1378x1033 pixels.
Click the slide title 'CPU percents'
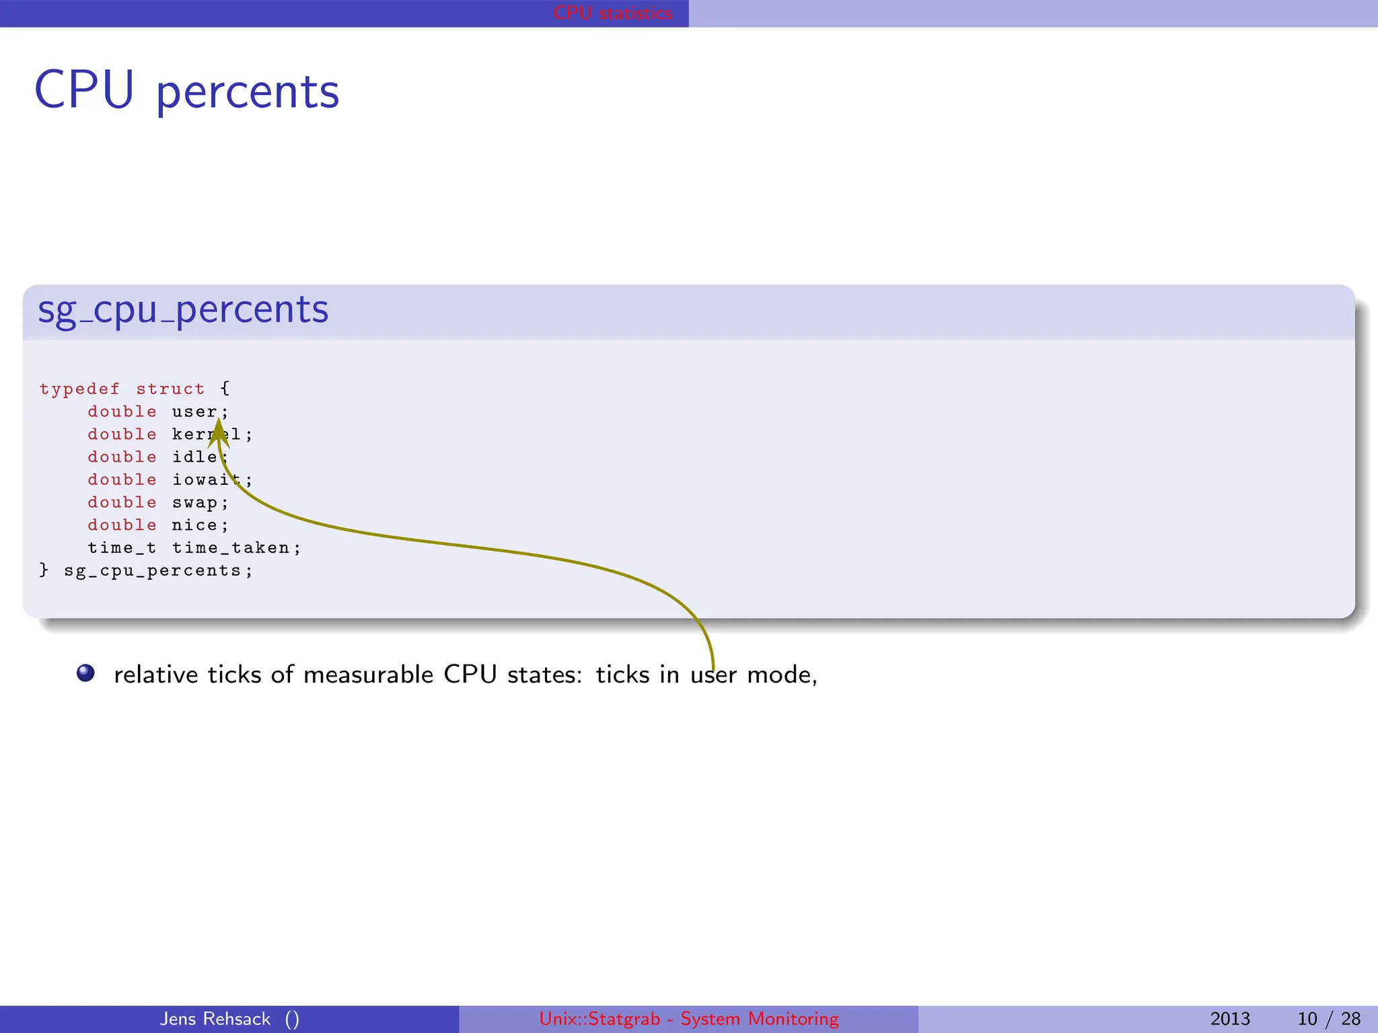[186, 91]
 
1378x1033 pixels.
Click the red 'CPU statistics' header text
[612, 13]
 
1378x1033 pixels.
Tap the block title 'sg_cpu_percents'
[183, 310]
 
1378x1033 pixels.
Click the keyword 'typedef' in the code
[79, 389]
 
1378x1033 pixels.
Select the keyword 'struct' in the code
[170, 389]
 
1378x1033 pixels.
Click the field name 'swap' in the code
[194, 503]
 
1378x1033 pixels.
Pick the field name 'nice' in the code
[194, 525]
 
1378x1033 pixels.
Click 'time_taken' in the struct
[231, 548]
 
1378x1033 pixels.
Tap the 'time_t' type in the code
[122, 548]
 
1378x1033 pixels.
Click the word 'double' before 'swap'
[122, 503]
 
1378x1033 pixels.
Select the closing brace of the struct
[44, 570]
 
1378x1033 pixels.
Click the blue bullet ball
[85, 673]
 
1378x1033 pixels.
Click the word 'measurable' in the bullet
[368, 675]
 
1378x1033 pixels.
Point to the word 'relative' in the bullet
[156, 675]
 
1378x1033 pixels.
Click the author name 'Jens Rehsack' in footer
[215, 1019]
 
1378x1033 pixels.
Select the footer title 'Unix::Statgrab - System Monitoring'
[689, 1019]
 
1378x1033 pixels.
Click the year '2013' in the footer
[1230, 1019]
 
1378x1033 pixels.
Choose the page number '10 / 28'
[1329, 1019]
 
